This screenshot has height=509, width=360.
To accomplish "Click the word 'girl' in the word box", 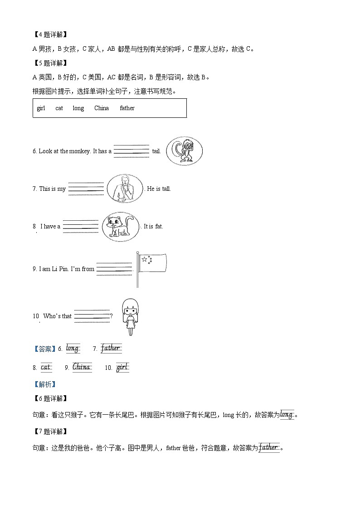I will coord(41,108).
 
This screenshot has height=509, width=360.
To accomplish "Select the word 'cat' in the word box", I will coord(59,108).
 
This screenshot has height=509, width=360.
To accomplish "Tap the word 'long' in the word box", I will coord(78,108).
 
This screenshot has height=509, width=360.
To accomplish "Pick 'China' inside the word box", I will coord(102,108).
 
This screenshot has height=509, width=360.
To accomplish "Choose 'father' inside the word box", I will coord(127,108).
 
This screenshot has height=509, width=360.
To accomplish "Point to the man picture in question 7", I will coord(124,189).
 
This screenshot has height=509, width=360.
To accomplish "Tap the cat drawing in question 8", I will coord(120,226).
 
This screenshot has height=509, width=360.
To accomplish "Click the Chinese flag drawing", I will coord(152,263).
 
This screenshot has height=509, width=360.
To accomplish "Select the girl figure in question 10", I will coord(130,316).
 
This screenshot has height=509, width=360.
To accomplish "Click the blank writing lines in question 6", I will coord(131,151).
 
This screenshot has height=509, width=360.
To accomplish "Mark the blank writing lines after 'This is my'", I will coord(86,189).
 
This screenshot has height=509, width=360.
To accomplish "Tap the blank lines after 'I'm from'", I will coord(114,269).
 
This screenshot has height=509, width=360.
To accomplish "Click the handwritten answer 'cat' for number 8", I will coord(46,368).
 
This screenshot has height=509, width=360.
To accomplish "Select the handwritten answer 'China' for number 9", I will coord(82,367).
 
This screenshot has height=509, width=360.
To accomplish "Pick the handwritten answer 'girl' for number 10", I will coord(122,368).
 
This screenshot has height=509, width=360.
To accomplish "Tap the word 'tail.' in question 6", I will coord(156,151).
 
